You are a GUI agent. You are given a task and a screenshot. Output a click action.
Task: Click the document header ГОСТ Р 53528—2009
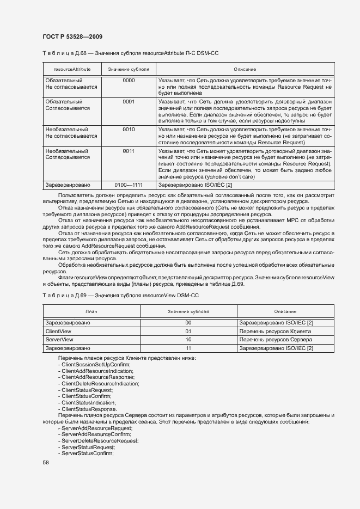pyautogui.click(x=72, y=36)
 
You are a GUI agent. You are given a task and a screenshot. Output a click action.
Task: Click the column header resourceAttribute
pyautogui.click(x=72, y=70)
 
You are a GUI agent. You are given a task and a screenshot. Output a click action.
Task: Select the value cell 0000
pyautogui.click(x=129, y=80)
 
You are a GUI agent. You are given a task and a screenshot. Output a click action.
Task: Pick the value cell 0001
pyautogui.click(x=129, y=101)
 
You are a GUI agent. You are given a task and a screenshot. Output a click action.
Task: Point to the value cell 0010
pyautogui.click(x=129, y=130)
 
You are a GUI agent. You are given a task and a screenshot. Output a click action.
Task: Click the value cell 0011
pyautogui.click(x=129, y=151)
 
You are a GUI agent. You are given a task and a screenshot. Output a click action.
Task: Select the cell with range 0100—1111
pyautogui.click(x=129, y=185)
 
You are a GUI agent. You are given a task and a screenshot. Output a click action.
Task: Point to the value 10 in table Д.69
pyautogui.click(x=188, y=339)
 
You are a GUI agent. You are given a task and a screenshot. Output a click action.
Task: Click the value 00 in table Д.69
pyautogui.click(x=188, y=323)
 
